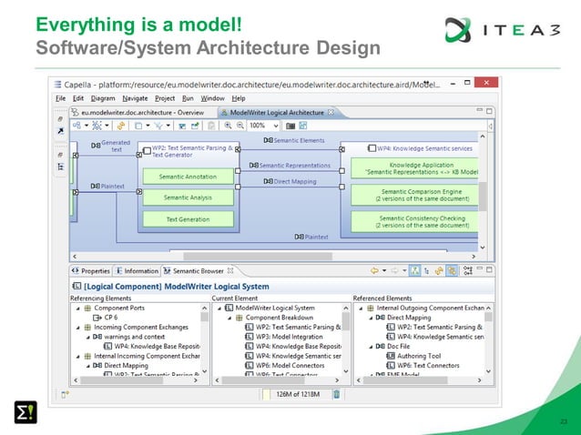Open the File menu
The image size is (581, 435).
(60, 98)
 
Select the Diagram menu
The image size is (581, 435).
(102, 98)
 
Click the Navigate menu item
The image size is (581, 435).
(136, 98)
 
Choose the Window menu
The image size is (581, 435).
(212, 98)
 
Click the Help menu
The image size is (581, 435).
(239, 98)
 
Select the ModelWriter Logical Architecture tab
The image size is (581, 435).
(276, 113)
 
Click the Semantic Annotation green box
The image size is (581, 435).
(187, 177)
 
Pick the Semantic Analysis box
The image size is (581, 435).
(187, 197)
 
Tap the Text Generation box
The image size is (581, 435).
(187, 219)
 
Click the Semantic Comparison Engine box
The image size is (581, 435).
(414, 195)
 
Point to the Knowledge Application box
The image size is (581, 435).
(414, 168)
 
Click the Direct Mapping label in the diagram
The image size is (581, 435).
(292, 181)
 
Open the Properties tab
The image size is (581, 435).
(95, 270)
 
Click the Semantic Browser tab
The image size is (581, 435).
(198, 270)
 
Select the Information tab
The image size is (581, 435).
(140, 270)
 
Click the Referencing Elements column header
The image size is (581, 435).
(102, 298)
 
